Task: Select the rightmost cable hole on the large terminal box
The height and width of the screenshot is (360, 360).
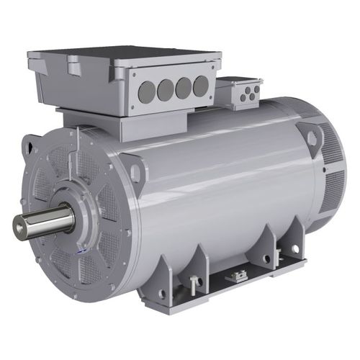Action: [x=202, y=85]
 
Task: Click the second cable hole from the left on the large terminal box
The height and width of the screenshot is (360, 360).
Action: [x=164, y=88]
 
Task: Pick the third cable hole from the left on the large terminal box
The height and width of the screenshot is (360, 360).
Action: [x=184, y=86]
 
